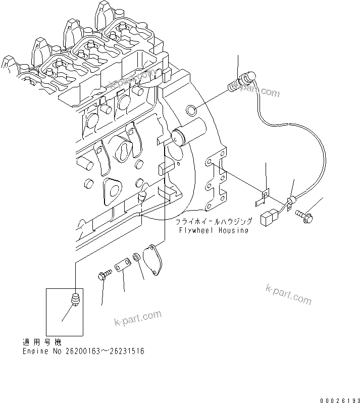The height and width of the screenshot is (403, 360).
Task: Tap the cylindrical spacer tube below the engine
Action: pos(122,265)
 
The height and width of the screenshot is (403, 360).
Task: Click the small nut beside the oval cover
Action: pos(136,258)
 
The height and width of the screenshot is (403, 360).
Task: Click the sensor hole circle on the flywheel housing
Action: pos(191,110)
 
